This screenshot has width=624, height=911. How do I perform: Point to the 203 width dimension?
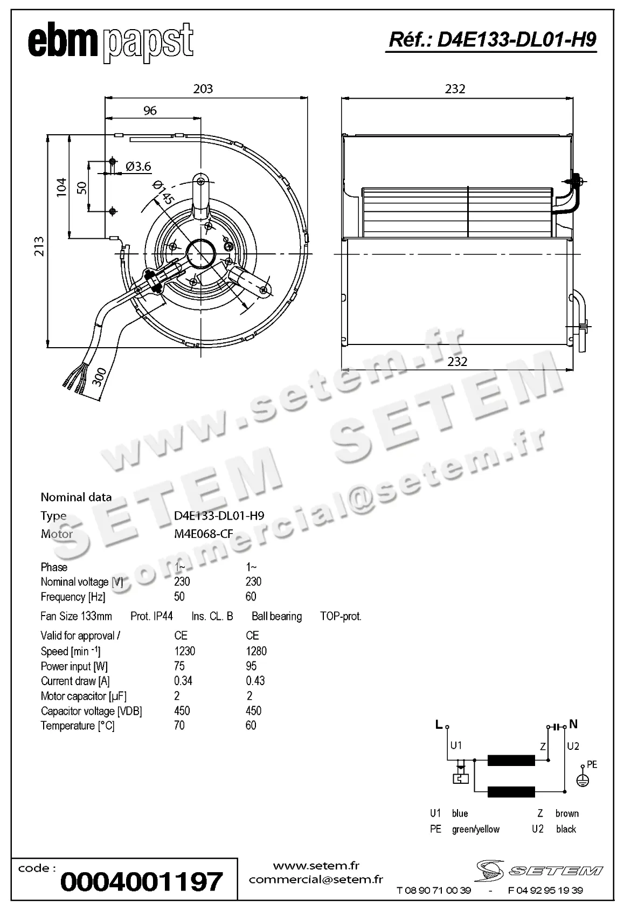point(203,88)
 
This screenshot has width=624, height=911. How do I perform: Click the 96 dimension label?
point(150,111)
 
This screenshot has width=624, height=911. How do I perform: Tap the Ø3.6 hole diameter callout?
point(138,167)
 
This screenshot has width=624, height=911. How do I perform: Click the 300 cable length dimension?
point(99,376)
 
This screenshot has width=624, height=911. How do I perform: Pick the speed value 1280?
point(256,651)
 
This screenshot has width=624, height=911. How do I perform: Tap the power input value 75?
point(179,666)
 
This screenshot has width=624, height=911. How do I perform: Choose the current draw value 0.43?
point(255,681)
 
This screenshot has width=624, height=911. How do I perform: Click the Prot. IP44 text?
point(151,616)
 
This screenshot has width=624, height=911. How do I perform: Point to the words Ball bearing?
point(276,616)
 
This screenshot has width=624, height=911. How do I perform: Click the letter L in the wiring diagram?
point(439,725)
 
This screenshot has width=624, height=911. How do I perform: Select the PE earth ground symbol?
point(583,780)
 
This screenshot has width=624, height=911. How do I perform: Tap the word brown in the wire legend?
point(567,813)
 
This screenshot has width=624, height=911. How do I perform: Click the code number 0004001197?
point(141,882)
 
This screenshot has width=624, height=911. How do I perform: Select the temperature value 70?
point(179,726)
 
